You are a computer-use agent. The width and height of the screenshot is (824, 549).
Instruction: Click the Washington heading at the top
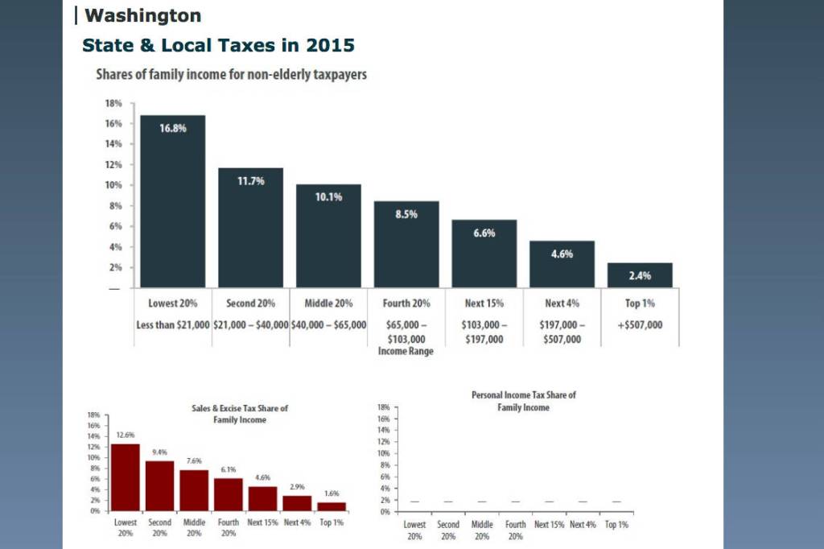(142, 15)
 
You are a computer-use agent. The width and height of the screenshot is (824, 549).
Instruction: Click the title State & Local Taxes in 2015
(218, 45)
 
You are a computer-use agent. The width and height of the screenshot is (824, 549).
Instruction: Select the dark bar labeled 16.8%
(173, 201)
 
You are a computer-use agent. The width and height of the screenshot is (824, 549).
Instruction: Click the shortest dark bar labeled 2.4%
(640, 275)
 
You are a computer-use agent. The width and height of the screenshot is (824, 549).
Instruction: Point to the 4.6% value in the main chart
(562, 254)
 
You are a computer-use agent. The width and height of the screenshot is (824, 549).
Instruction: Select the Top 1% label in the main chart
(640, 303)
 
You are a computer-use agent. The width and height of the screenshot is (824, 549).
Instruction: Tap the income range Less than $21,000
(173, 324)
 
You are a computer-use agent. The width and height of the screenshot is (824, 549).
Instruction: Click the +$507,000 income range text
(640, 324)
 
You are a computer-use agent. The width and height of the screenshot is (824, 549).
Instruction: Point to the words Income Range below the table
(406, 352)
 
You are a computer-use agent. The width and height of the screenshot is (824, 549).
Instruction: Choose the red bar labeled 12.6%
(125, 477)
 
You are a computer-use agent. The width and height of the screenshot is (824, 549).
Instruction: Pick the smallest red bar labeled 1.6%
(331, 506)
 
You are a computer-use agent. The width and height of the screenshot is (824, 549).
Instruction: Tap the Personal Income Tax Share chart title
(524, 401)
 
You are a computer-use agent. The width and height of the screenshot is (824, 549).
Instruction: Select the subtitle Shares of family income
(231, 75)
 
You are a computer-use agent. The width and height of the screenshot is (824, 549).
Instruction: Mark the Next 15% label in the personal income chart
(548, 525)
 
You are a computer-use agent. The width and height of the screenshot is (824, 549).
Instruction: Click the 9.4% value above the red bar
(159, 452)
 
